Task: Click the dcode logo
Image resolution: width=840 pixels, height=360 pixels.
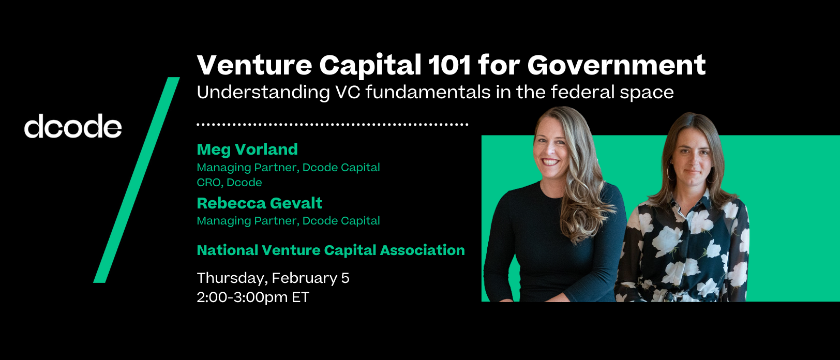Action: pos(73,126)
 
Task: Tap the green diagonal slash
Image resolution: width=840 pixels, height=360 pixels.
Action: pos(137,180)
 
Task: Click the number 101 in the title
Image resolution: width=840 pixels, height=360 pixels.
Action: pos(449,65)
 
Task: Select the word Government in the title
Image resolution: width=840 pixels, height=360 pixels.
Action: pos(617,65)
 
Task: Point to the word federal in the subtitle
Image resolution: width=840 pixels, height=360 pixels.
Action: pos(582,92)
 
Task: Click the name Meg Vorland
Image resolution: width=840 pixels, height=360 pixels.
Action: pos(247,149)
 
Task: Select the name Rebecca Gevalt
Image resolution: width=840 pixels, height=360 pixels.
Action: pos(260,203)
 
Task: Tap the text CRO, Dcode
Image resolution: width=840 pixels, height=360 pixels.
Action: pos(229,183)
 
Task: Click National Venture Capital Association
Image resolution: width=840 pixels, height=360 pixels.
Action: pos(331,250)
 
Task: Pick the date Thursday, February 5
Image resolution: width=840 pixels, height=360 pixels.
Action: pos(273,278)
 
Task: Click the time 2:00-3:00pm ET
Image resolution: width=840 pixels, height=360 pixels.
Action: pos(253,297)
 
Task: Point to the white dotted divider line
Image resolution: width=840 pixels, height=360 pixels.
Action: pos(333,124)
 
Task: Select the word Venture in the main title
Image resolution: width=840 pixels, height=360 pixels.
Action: pos(254,65)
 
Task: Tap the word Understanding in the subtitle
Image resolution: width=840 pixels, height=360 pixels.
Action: pos(263,93)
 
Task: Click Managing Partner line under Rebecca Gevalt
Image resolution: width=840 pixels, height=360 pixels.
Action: pos(289,221)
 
